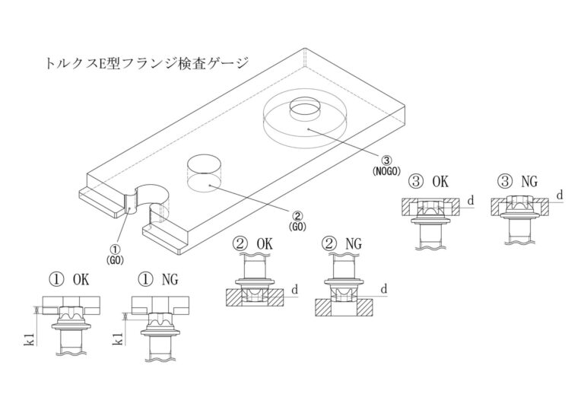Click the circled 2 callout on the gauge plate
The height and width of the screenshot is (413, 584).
pyautogui.click(x=297, y=214)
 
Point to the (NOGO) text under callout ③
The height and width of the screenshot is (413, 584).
pyautogui.click(x=387, y=173)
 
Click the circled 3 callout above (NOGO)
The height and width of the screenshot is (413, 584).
pyautogui.click(x=387, y=161)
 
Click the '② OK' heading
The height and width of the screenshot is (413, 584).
pyautogui.click(x=252, y=245)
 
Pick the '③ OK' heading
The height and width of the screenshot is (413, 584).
pyautogui.click(x=429, y=182)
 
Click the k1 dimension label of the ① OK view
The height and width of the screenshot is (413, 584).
pyautogui.click(x=28, y=340)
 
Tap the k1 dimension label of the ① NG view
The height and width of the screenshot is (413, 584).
pyautogui.click(x=118, y=340)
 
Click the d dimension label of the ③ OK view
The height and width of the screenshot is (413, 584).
pyautogui.click(x=471, y=200)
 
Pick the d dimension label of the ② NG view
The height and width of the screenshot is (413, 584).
pyautogui.click(x=385, y=288)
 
